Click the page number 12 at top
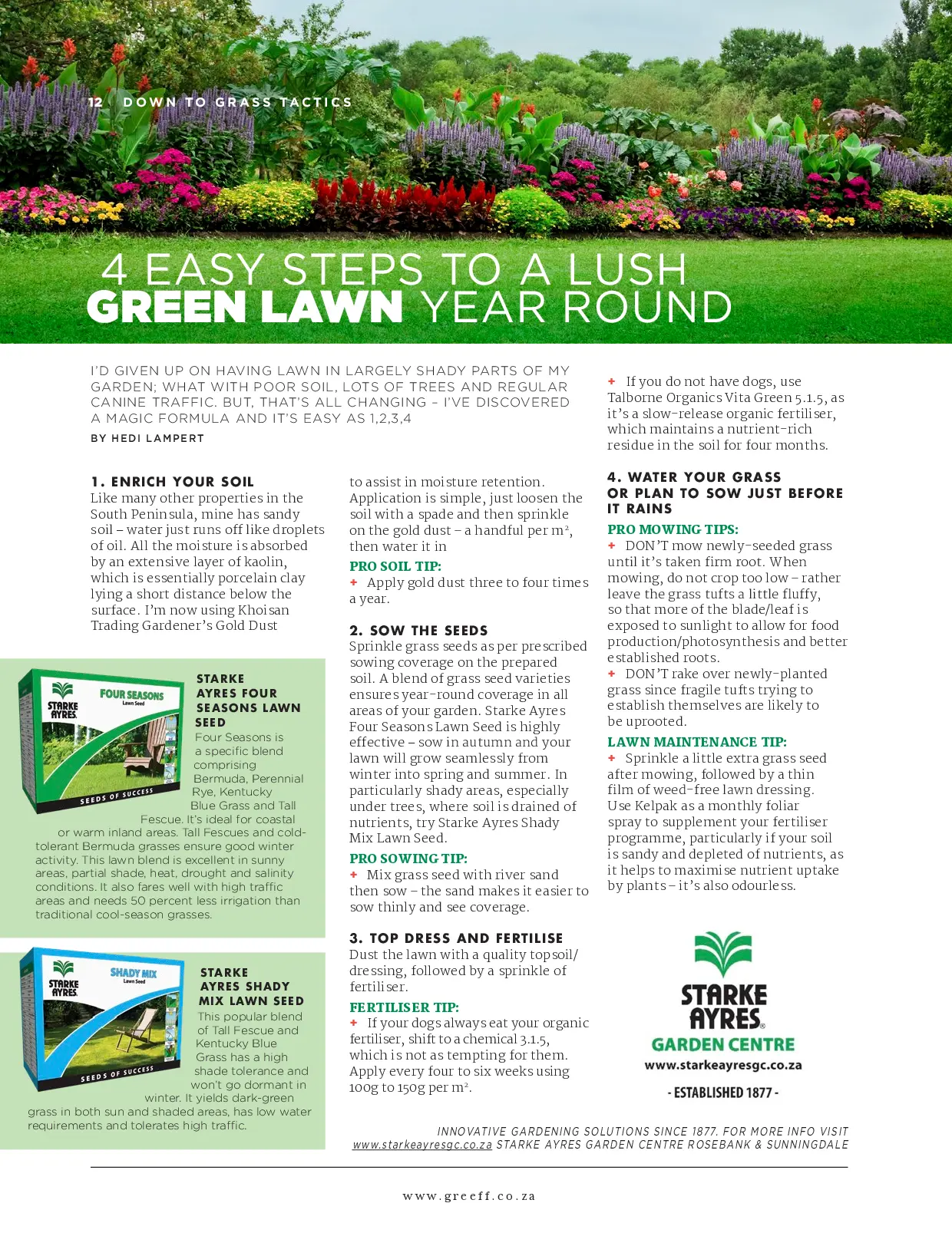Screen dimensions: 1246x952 (x=96, y=102)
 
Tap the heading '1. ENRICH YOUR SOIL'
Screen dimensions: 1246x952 (x=172, y=482)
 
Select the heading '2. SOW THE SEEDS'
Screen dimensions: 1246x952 (x=418, y=631)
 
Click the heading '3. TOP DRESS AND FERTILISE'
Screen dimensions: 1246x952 (x=456, y=938)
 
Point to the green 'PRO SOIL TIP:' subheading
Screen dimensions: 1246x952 (x=395, y=566)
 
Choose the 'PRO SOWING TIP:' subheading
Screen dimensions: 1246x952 (x=408, y=859)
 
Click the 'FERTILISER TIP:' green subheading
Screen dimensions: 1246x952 (x=404, y=1007)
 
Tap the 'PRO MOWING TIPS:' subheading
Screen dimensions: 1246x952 (x=673, y=529)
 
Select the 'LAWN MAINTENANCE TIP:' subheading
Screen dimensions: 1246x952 (x=697, y=742)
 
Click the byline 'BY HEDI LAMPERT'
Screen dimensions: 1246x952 (x=147, y=438)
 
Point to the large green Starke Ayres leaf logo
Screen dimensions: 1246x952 (x=723, y=954)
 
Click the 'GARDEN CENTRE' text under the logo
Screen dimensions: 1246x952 (x=723, y=1044)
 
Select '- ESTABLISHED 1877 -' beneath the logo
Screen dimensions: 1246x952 (x=723, y=1093)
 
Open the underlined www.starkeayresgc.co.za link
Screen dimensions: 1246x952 (x=422, y=1145)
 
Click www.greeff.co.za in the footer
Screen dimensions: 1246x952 (x=469, y=1196)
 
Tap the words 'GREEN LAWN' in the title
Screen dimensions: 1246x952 (x=246, y=307)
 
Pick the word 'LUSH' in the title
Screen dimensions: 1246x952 (x=626, y=269)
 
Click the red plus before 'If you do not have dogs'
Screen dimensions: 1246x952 (x=612, y=381)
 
